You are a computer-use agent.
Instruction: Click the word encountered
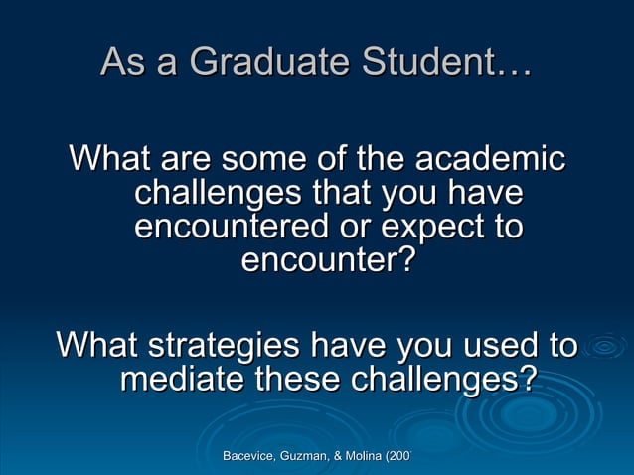(233, 227)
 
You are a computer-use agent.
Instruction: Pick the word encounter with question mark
(329, 261)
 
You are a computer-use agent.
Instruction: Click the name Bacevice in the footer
(252, 456)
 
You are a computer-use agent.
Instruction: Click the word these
(302, 380)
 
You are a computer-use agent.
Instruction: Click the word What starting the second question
(97, 346)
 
